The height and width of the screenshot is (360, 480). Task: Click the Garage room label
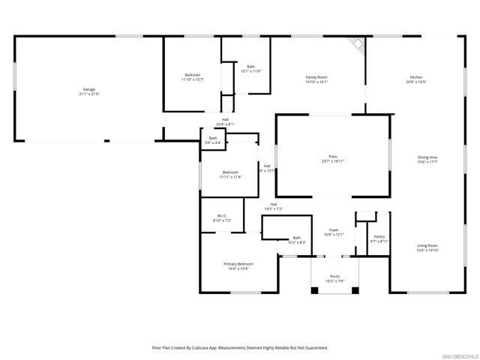tap(88, 89)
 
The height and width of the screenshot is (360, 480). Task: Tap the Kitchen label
tap(415, 77)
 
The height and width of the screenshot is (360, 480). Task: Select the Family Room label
tap(316, 77)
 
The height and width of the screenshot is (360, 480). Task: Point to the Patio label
tap(332, 156)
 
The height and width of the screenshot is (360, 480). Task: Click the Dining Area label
tap(427, 157)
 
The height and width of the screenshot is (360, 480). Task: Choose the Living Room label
tap(427, 245)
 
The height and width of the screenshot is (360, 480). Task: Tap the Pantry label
tap(379, 236)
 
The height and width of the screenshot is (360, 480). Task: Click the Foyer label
tap(334, 230)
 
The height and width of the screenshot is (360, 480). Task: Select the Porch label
tap(334, 276)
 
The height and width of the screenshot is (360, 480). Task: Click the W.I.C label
tap(221, 216)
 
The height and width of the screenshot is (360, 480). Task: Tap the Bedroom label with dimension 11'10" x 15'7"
tap(193, 75)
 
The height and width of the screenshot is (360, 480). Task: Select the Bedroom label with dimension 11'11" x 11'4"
tap(229, 172)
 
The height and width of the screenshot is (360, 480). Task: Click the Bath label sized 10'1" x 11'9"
tap(250, 67)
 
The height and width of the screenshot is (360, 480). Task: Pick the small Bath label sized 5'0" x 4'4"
tap(213, 138)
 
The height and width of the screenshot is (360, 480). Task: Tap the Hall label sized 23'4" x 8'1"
tap(225, 119)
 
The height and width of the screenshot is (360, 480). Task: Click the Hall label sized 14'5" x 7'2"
tap(273, 204)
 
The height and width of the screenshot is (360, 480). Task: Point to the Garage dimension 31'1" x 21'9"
tap(88, 94)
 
